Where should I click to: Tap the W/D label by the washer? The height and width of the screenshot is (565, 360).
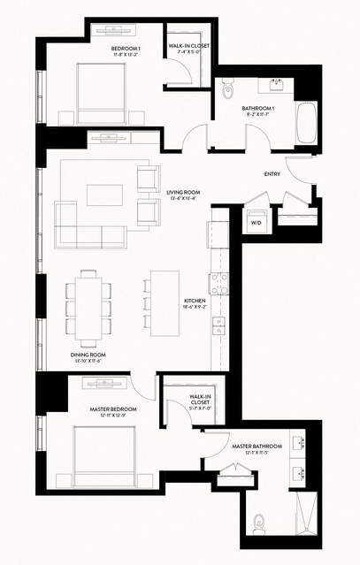point(257,224)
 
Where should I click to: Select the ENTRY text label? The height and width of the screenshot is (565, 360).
point(272,174)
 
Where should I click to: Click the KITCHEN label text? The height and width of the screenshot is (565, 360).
point(195,302)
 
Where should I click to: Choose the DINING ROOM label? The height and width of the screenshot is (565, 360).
point(86,355)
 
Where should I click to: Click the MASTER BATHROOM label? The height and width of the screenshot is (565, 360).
point(257,447)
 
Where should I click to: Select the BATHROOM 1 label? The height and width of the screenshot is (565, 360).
point(258,110)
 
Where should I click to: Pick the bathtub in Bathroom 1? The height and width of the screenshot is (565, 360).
point(306,123)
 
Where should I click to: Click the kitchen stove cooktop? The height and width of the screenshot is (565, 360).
point(218,282)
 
